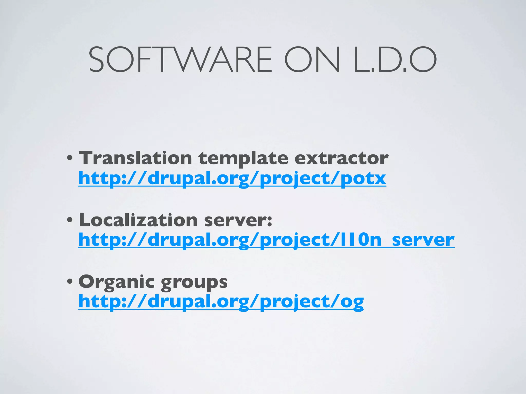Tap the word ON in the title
[312, 60]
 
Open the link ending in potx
[232, 179]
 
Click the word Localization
[138, 220]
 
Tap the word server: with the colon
[238, 220]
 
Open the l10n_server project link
[266, 240]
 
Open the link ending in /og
[221, 302]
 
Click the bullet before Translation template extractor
[70, 158]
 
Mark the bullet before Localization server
[70, 220]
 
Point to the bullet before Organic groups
[70, 282]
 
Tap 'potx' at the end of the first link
[363, 179]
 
